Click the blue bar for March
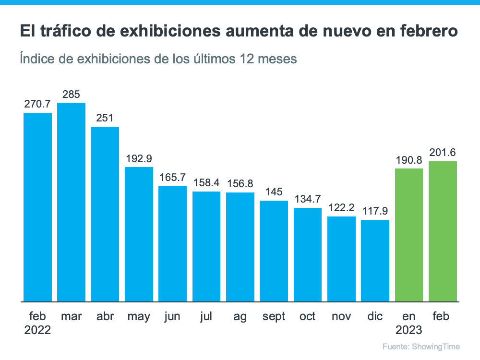(x=71, y=202)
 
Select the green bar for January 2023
(x=408, y=235)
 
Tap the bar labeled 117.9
(x=375, y=261)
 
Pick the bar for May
(x=139, y=234)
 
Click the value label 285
(x=71, y=94)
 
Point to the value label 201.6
(x=442, y=153)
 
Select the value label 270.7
(x=37, y=104)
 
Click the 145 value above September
(x=274, y=192)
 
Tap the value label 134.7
(x=307, y=199)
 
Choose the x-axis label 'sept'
(x=274, y=316)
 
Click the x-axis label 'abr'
(x=105, y=316)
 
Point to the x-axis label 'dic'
(x=375, y=316)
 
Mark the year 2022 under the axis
(x=37, y=330)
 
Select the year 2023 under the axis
(x=408, y=330)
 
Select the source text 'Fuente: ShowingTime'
(x=421, y=347)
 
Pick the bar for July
(x=206, y=246)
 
